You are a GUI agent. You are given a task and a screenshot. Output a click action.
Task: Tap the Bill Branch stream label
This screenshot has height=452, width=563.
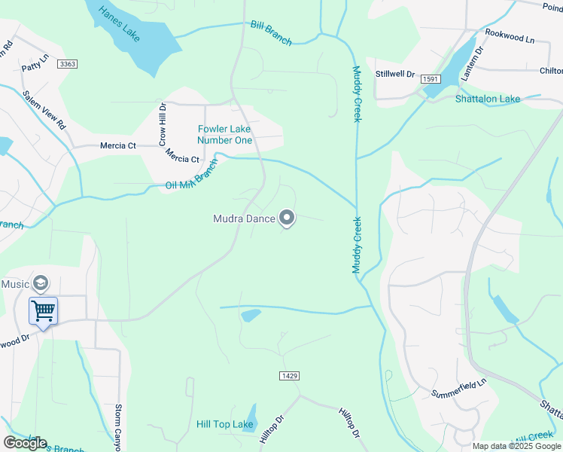271,34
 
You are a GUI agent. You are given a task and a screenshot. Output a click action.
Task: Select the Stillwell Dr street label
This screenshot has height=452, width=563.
395,74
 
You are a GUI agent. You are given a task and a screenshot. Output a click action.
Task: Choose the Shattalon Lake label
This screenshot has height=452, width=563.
488,99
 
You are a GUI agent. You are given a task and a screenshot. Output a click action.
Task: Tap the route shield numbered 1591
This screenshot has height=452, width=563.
431,79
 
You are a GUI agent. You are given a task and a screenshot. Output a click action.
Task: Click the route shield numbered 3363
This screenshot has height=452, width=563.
67,65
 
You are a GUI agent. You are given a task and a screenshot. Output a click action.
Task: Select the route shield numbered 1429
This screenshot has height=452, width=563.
289,375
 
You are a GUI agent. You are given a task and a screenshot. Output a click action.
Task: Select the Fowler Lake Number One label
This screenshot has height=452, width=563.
224,134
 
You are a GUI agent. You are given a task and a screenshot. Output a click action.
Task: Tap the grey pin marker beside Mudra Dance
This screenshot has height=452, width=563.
287,218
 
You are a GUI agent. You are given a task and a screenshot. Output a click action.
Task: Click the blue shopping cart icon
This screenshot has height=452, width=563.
43,310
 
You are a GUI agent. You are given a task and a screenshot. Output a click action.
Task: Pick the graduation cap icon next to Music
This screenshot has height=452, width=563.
41,283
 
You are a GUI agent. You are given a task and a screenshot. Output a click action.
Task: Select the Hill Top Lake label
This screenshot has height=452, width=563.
224,425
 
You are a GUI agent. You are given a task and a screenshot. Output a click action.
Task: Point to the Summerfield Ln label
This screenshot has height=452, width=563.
459,388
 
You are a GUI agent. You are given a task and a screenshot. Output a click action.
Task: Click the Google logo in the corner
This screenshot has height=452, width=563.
25,443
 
